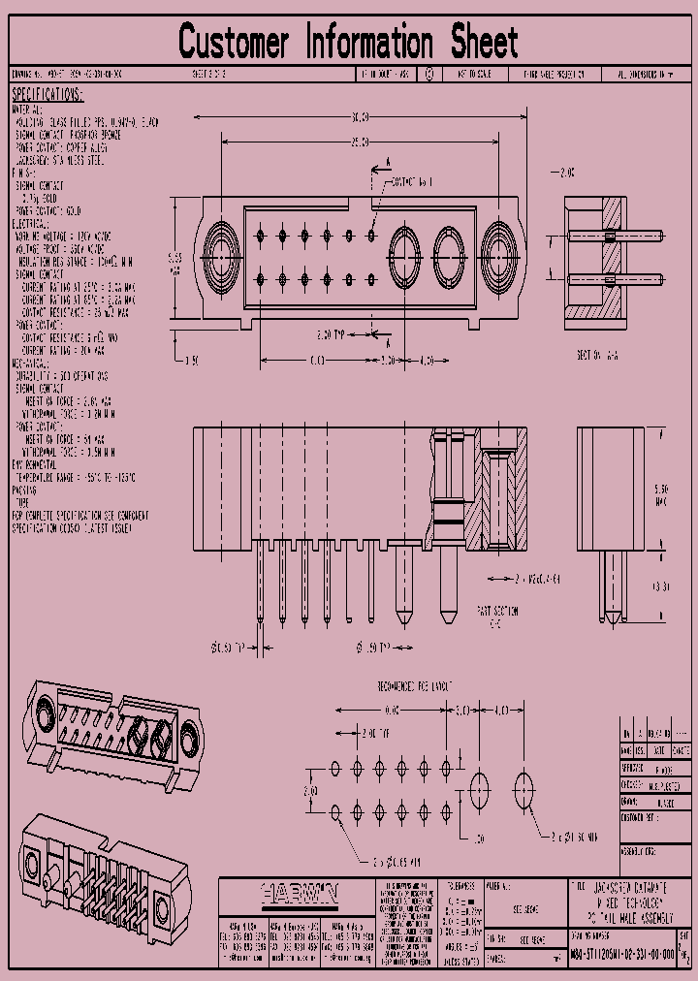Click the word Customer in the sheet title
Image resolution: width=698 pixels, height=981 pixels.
(234, 44)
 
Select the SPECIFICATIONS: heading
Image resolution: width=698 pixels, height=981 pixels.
(48, 95)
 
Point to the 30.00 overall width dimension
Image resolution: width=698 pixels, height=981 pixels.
(359, 117)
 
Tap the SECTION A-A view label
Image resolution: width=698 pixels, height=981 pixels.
(597, 355)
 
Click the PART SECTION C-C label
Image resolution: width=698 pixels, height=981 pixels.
(497, 617)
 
